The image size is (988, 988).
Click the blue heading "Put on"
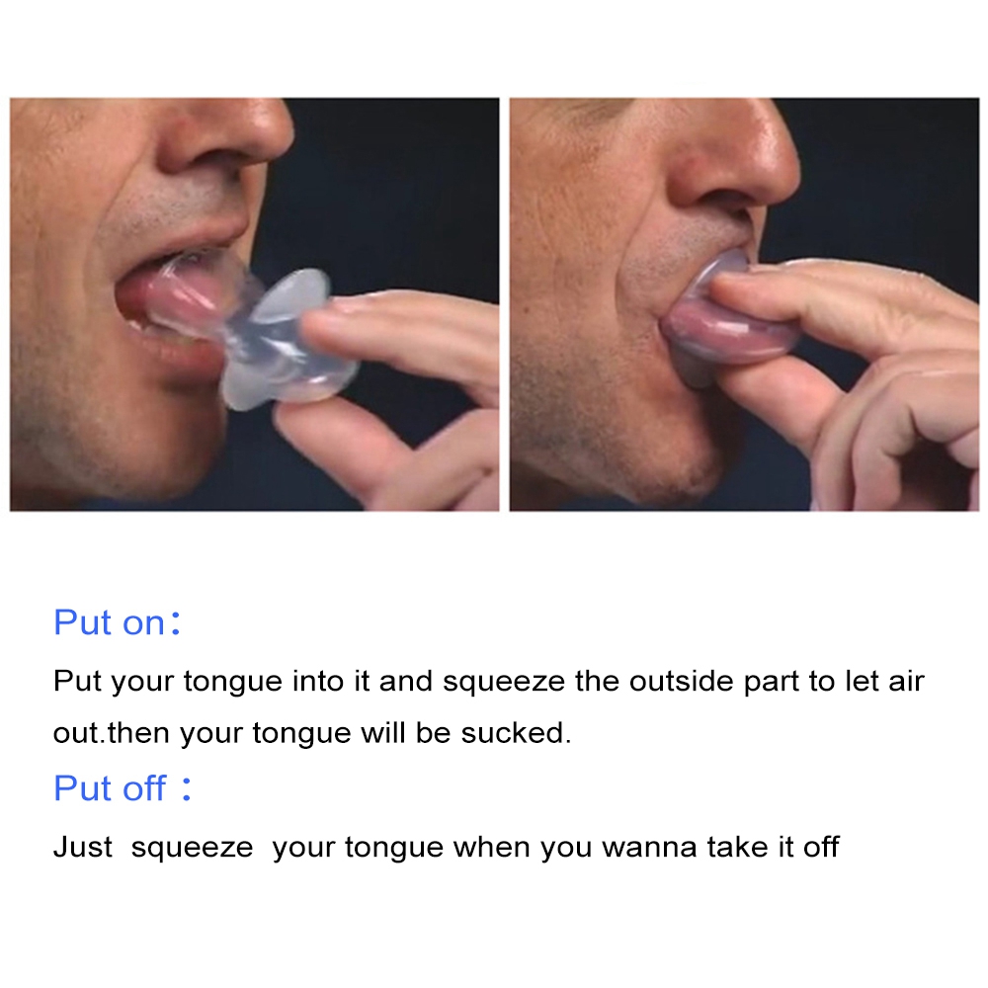[109, 622]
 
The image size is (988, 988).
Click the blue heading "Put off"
[110, 787]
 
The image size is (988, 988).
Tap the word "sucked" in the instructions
[515, 733]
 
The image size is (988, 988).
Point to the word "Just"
[83, 847]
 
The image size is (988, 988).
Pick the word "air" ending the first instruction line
[906, 681]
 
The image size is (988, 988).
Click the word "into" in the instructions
[318, 681]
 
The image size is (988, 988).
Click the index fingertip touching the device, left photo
[328, 321]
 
